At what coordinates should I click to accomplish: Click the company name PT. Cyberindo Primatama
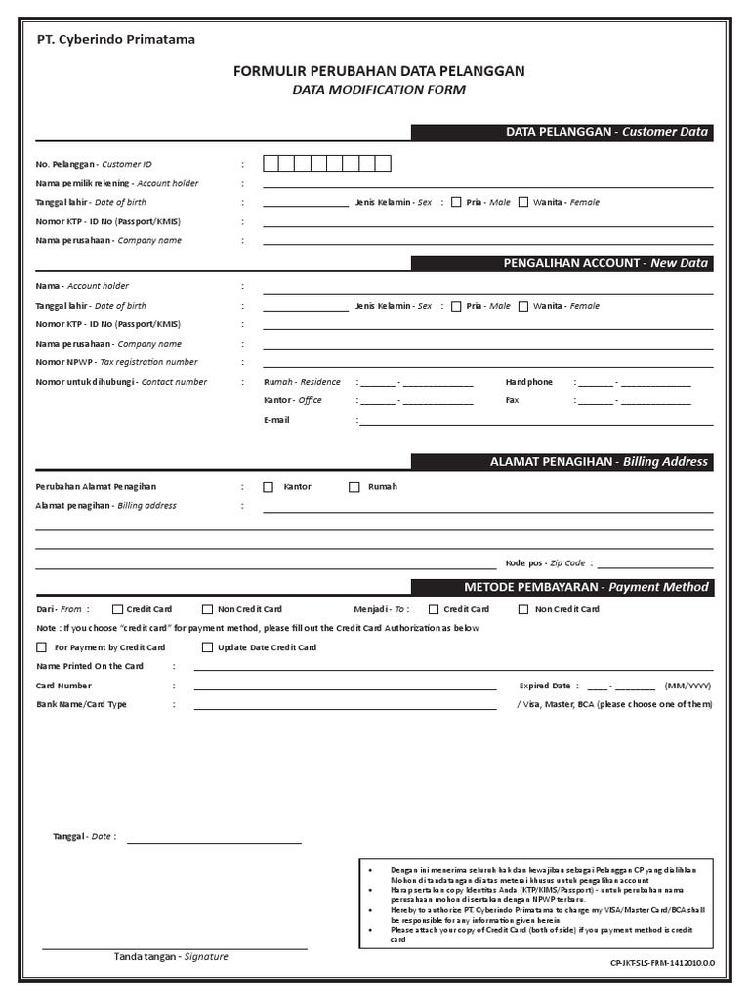click(115, 40)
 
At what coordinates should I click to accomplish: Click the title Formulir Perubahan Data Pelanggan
click(379, 71)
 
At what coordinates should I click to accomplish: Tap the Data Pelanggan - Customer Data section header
click(605, 132)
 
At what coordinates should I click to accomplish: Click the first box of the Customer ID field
click(271, 164)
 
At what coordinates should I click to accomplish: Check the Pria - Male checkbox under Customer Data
click(456, 202)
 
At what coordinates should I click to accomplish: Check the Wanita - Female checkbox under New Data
click(523, 306)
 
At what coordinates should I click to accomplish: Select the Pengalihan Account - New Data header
click(605, 263)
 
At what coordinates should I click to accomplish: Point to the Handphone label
click(528, 382)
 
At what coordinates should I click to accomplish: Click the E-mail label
click(276, 420)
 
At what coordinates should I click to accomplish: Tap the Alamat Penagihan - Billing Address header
click(599, 462)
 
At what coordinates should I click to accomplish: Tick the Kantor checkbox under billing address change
click(269, 487)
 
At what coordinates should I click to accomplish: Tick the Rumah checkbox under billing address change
click(354, 487)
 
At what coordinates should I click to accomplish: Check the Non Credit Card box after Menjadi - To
click(524, 609)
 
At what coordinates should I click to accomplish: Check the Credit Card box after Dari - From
click(118, 609)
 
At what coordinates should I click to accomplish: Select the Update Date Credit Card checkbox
click(207, 647)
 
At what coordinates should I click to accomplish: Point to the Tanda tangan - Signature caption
click(171, 957)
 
